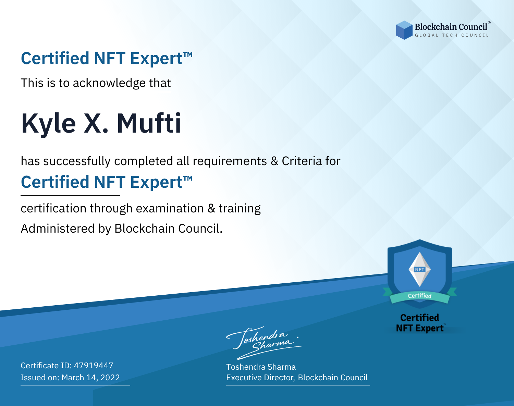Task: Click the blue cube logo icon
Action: point(404,30)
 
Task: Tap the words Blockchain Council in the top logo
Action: point(451,27)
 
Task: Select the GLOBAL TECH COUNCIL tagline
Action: point(452,35)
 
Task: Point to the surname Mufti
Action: point(149,123)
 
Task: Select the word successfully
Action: point(77,161)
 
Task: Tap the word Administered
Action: point(58,229)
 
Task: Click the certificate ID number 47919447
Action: point(94,365)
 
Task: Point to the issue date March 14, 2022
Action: point(90,377)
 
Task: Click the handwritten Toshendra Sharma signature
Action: point(264,343)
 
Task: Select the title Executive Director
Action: point(260,378)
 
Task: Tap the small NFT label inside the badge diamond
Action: point(420,269)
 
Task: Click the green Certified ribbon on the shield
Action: point(420,296)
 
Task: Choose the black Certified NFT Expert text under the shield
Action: point(420,323)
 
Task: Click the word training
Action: point(240,209)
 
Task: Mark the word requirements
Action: point(230,161)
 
